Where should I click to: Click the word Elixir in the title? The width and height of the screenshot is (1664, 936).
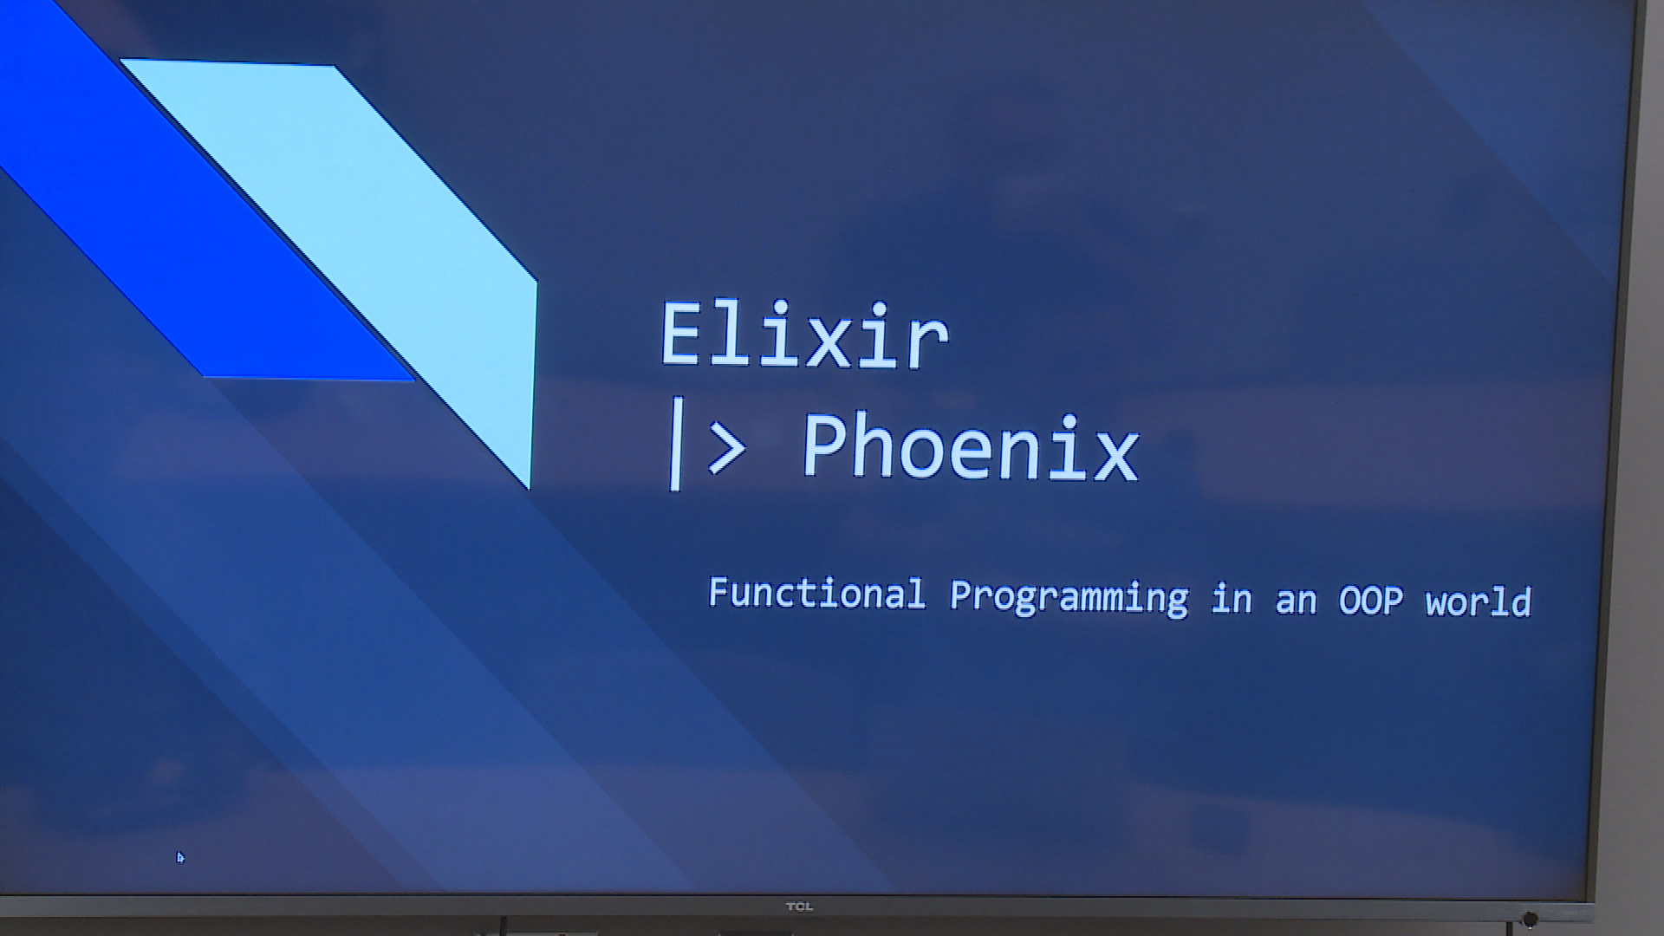point(804,335)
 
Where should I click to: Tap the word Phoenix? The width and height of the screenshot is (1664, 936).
point(971,446)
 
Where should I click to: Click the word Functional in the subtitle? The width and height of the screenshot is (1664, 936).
point(817,594)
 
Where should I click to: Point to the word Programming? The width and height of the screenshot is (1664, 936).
point(1069,597)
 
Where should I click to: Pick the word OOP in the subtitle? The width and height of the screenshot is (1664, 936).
point(1370,601)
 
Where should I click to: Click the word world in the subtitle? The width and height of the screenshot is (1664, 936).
point(1479,601)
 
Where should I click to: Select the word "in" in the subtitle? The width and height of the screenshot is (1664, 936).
point(1232,598)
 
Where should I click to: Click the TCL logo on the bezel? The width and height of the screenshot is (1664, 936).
point(799,907)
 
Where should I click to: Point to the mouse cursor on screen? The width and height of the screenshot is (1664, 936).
point(180,857)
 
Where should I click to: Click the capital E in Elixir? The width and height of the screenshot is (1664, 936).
point(680,335)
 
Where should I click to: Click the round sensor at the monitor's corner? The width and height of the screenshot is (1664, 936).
point(1530,920)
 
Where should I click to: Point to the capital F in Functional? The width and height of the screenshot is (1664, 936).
point(718,592)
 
